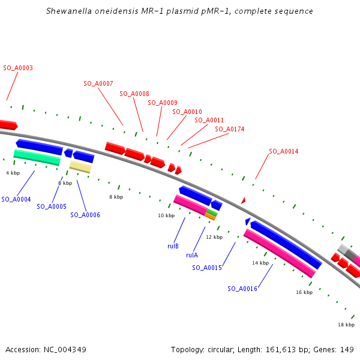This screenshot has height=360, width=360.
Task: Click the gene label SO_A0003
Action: [18, 68]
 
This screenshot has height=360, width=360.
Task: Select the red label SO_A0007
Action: [98, 83]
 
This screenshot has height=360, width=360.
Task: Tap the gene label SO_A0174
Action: [230, 129]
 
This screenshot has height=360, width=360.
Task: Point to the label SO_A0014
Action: [284, 151]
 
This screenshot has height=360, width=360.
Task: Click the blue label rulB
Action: [173, 246]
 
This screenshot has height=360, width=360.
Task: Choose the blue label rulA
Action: [192, 255]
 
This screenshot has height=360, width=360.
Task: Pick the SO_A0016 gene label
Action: [242, 289]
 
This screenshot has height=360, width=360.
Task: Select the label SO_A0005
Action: [52, 206]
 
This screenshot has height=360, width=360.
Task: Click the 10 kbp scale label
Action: [166, 215]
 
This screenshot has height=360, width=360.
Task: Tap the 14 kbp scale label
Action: [260, 263]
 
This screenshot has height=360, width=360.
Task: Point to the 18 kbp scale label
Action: [346, 325]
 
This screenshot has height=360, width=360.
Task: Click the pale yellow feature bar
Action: [80, 167]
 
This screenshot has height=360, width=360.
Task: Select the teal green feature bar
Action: [37, 157]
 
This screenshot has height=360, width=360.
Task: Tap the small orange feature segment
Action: [210, 217]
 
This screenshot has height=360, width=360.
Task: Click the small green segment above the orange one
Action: [212, 212]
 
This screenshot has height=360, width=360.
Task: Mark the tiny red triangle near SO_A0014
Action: [244, 200]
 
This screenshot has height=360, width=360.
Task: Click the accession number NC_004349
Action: [65, 350]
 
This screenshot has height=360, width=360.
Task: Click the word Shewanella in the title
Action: [69, 11]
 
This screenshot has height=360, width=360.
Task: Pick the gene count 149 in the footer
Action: [347, 350]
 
